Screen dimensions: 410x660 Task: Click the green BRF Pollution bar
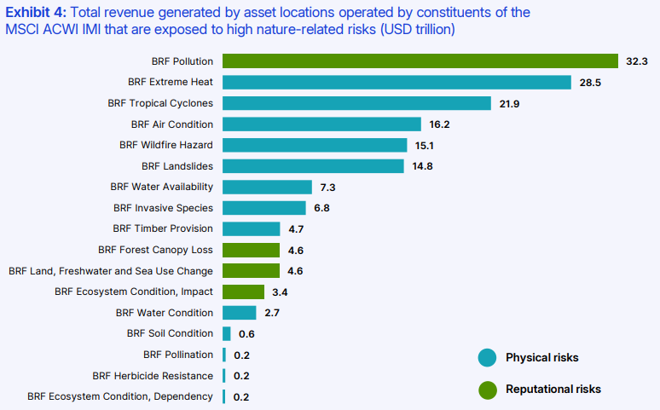(x=420, y=61)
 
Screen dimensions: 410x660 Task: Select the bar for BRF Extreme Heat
(x=397, y=82)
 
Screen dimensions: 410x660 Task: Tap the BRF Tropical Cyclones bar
(x=356, y=103)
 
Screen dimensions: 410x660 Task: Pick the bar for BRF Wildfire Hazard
(x=315, y=145)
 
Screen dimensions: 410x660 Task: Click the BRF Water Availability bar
(x=267, y=187)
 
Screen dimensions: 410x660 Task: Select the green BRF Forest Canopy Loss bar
(x=251, y=250)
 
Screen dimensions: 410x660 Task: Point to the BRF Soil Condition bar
(x=227, y=333)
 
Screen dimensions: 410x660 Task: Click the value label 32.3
(x=638, y=61)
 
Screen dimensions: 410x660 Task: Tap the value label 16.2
(x=439, y=124)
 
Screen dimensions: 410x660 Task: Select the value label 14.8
(x=422, y=166)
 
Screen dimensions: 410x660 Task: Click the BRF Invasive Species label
(x=163, y=208)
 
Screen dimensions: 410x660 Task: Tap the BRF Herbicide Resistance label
(x=153, y=376)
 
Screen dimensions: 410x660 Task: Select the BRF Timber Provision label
(x=163, y=228)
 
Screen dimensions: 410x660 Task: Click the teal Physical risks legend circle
(x=487, y=357)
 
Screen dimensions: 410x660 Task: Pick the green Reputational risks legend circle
(x=487, y=390)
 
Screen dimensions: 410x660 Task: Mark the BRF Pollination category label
(x=178, y=355)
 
